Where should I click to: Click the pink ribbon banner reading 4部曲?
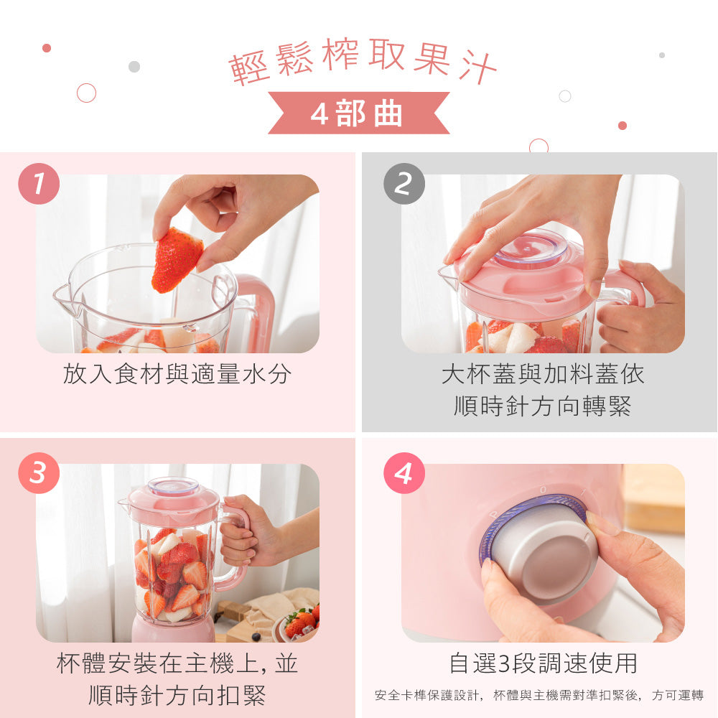click(x=358, y=113)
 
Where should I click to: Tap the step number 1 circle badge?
click(x=39, y=184)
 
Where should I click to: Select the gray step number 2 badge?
click(x=404, y=184)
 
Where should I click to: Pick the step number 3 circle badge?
click(x=39, y=473)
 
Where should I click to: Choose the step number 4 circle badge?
click(x=404, y=473)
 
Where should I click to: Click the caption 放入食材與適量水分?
click(x=177, y=374)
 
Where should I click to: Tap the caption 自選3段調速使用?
click(x=543, y=663)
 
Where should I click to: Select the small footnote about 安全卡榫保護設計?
click(x=539, y=695)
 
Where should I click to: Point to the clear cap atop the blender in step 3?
click(x=173, y=486)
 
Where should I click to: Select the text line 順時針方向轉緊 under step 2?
click(x=543, y=406)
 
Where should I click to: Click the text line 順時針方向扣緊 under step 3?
click(x=177, y=695)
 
